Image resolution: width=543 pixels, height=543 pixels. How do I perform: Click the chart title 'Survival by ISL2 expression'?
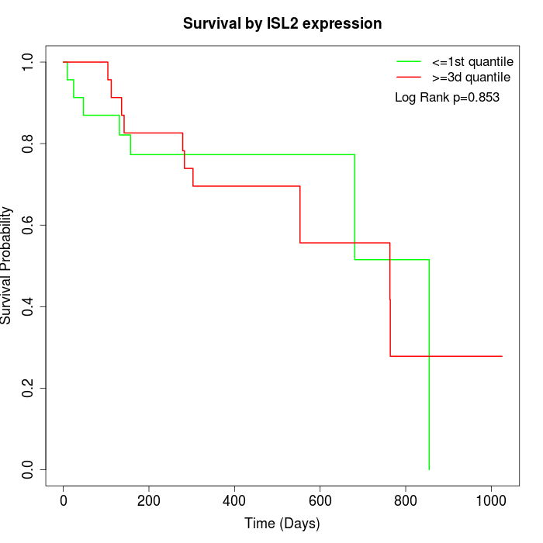282,23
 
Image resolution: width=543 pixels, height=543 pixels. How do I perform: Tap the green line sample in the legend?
409,61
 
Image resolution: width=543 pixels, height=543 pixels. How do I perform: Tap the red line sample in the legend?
409,77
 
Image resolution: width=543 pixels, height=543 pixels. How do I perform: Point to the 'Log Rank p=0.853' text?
447,98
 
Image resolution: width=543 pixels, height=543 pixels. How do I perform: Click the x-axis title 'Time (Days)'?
282,524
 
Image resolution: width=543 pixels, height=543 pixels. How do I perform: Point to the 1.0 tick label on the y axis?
29,61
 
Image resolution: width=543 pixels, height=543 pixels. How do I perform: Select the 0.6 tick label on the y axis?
29,225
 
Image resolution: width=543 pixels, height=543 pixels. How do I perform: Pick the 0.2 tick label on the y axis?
29,388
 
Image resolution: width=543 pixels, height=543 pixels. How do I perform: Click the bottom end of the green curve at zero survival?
429,469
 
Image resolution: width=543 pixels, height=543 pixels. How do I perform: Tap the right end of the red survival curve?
502,356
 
